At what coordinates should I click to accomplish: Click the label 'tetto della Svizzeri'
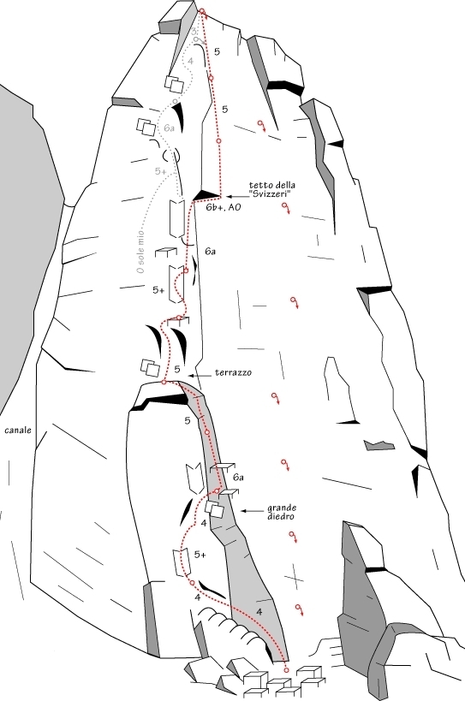(271, 189)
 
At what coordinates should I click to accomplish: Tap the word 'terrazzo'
(233, 372)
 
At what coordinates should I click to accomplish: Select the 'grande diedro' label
(282, 512)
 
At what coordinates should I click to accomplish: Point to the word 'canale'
(18, 430)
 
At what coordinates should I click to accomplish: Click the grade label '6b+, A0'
(224, 207)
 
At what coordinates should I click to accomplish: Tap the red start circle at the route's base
(286, 669)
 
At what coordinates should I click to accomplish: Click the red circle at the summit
(202, 11)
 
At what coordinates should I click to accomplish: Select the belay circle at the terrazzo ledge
(164, 383)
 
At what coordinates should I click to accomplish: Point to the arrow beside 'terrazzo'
(200, 376)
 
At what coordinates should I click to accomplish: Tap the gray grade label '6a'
(169, 128)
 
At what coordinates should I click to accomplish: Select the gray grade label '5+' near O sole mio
(160, 171)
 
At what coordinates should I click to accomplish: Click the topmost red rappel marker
(261, 126)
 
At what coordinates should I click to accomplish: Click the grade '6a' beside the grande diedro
(238, 478)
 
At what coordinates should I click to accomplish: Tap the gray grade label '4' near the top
(191, 61)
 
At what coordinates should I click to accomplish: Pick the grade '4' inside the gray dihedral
(259, 612)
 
